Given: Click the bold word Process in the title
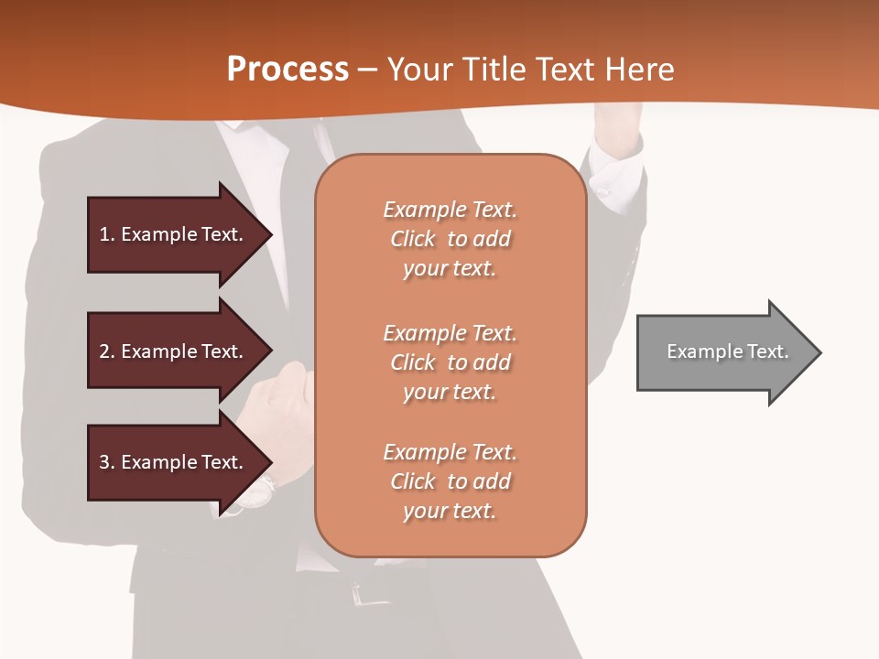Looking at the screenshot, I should (x=288, y=70).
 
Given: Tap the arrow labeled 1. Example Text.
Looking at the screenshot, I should (x=174, y=234).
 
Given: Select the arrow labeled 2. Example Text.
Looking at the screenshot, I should (x=174, y=351).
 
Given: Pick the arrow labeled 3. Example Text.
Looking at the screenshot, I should (x=174, y=462).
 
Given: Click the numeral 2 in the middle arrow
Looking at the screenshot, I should (x=104, y=351).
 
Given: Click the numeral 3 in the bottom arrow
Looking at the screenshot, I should (x=104, y=462).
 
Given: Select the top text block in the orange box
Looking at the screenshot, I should (x=450, y=239).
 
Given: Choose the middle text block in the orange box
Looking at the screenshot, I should (x=450, y=362).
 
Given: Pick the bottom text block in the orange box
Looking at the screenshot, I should (x=450, y=481).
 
